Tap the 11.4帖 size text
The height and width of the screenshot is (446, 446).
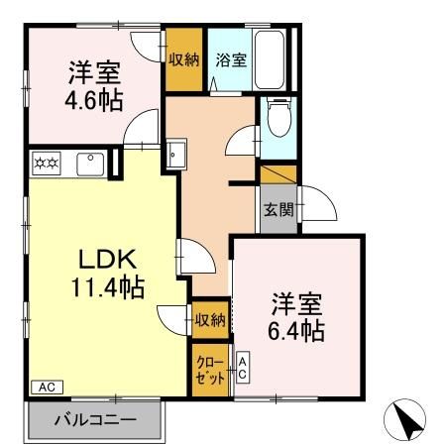tap(107, 288)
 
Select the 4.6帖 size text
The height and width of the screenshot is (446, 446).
tap(96, 100)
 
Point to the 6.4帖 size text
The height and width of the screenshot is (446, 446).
tap(293, 331)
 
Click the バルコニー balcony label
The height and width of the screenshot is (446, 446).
tap(94, 420)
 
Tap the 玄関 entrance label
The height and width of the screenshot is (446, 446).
tap(278, 209)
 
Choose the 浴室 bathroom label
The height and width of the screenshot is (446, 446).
tap(231, 59)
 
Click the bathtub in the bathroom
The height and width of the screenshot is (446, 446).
tap(269, 60)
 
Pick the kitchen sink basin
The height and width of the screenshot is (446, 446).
tap(88, 162)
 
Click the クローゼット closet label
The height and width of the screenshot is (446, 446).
tap(209, 374)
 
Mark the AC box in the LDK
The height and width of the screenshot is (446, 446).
tap(45, 387)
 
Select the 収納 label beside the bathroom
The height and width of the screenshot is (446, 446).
tap(183, 59)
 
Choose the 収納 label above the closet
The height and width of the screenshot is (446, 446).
tap(209, 319)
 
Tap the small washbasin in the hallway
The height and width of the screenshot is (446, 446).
tap(176, 155)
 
